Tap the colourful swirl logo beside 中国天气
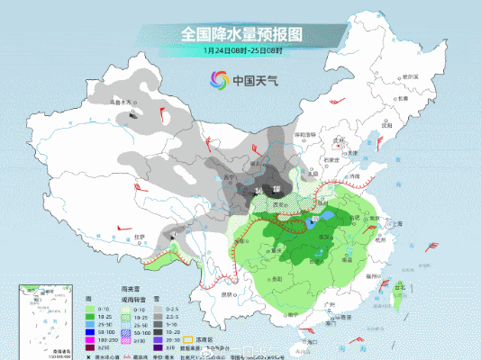pyautogui.click(x=216, y=80)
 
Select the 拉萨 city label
pyautogui.click(x=140, y=236)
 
